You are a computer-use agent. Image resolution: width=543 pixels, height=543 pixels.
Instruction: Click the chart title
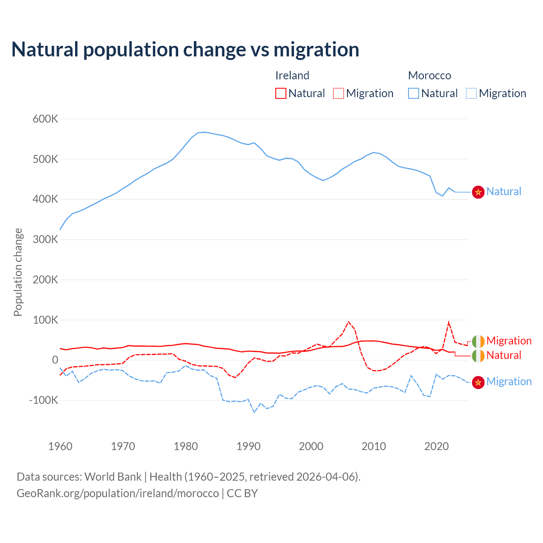(185, 50)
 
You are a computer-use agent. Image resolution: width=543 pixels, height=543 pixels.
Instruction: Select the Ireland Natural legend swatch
(281, 93)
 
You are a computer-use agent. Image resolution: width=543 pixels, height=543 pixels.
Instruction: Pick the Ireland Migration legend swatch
(339, 93)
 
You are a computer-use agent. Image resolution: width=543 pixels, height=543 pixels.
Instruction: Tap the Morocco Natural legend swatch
(414, 93)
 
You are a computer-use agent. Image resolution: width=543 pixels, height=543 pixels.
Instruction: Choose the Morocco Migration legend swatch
(471, 93)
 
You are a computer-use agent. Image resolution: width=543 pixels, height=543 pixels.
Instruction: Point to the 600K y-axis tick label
(45, 119)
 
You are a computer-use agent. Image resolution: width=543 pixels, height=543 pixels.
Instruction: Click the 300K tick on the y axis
(45, 240)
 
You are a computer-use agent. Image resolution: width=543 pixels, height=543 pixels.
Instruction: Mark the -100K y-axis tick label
(44, 400)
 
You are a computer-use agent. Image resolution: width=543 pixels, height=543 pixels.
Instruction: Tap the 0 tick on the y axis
(55, 360)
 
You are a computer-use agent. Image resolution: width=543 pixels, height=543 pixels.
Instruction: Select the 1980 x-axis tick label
(186, 446)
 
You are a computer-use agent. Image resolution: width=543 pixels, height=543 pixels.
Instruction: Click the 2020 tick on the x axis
(437, 446)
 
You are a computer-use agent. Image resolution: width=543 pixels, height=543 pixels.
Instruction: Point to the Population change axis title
(18, 272)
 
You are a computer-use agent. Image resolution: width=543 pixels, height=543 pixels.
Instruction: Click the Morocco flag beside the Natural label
(479, 192)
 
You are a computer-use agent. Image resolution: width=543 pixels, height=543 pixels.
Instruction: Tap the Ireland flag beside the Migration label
(479, 341)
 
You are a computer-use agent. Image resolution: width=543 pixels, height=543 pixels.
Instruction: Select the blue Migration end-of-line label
(509, 382)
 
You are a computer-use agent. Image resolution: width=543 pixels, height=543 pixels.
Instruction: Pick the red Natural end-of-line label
(504, 355)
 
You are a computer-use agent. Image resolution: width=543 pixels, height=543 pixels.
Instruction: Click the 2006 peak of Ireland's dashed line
(349, 322)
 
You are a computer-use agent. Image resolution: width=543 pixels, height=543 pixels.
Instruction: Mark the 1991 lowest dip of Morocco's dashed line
(255, 412)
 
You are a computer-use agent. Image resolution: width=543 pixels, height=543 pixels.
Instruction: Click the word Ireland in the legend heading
(292, 76)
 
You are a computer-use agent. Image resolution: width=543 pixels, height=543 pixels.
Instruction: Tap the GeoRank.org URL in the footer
(118, 493)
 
